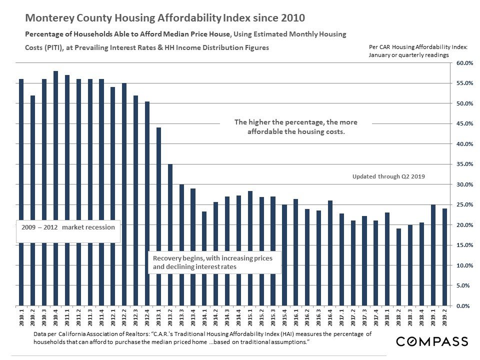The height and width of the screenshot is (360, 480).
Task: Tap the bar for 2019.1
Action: [x=433, y=255]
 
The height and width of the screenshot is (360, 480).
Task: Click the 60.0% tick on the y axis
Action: [x=463, y=63]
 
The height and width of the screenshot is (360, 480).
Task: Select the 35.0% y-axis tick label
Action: [x=463, y=164]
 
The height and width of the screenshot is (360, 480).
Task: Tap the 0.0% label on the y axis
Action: [x=465, y=305]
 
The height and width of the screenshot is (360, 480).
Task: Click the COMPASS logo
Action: [x=432, y=341]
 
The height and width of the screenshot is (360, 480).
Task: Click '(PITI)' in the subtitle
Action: [x=55, y=47]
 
